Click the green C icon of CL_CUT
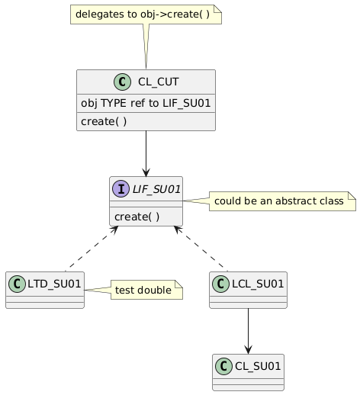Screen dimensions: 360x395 click(x=122, y=82)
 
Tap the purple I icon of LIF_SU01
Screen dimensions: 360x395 click(x=121, y=189)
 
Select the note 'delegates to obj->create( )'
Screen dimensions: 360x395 click(x=146, y=14)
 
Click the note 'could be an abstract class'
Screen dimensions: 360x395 click(x=282, y=201)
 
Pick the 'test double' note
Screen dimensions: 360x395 click(x=146, y=290)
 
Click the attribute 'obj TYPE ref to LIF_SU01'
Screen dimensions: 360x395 click(x=146, y=103)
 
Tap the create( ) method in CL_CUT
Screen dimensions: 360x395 click(x=104, y=121)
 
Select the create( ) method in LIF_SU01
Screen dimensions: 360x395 click(x=137, y=217)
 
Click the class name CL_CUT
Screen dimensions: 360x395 click(x=159, y=82)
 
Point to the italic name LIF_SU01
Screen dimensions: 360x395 click(x=156, y=189)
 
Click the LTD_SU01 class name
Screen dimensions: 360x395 click(x=54, y=284)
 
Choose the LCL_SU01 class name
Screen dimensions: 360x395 click(x=258, y=284)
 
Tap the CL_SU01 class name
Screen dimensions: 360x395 click(x=258, y=366)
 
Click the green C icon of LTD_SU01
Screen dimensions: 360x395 click(x=17, y=284)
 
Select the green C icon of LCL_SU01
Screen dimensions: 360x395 click(x=220, y=284)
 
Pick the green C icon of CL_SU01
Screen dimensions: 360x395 click(x=223, y=366)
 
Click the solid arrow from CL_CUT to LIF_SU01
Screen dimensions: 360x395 click(x=146, y=153)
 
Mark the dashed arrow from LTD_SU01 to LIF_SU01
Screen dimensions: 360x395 click(x=92, y=249)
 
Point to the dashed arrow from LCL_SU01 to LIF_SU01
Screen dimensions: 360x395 click(x=201, y=249)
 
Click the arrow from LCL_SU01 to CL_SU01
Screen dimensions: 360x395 click(x=248, y=331)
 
